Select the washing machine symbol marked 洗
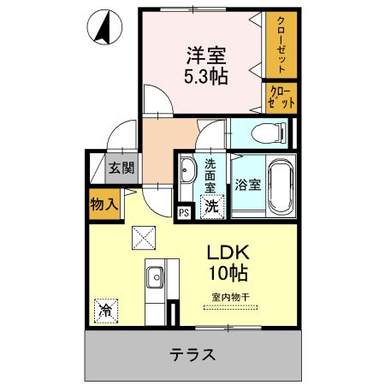(x=211, y=206)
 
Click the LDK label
(x=226, y=255)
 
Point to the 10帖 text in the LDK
(x=226, y=275)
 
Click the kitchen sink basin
(x=155, y=278)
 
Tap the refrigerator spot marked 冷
(x=106, y=309)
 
